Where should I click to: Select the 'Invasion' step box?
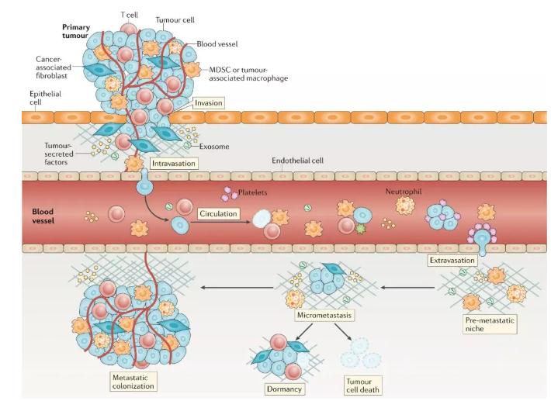pos(208,102)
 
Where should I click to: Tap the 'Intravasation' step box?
pos(174,163)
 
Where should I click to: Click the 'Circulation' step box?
pos(217,212)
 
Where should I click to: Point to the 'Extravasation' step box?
pos(452,261)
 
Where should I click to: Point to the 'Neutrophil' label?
pos(404,190)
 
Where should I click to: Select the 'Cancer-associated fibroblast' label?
pos(53,68)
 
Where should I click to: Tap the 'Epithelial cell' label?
pos(45,98)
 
